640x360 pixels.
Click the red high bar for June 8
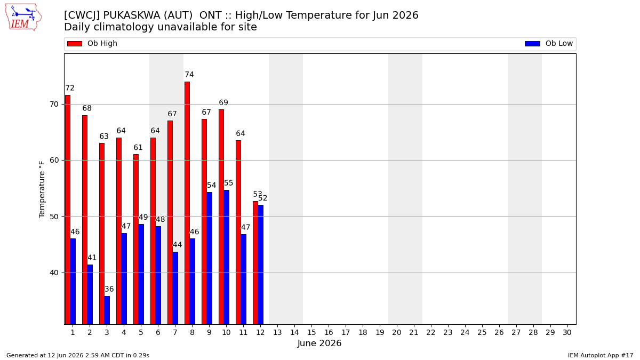pyautogui.click(x=187, y=203)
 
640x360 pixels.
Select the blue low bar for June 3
pyautogui.click(x=107, y=310)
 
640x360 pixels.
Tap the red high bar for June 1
pyautogui.click(x=68, y=210)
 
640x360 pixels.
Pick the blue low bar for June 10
pyautogui.click(x=226, y=257)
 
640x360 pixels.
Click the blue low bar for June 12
pyautogui.click(x=261, y=265)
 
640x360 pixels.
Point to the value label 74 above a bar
pyautogui.click(x=189, y=75)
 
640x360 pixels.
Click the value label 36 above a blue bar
pyautogui.click(x=109, y=289)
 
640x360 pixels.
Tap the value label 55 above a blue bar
pyautogui.click(x=229, y=183)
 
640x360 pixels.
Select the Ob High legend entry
pyautogui.click(x=92, y=43)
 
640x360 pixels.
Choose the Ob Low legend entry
pyautogui.click(x=549, y=43)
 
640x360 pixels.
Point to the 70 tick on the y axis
pyautogui.click(x=54, y=105)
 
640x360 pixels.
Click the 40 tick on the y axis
pyautogui.click(x=54, y=273)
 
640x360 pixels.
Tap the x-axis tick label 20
pyautogui.click(x=397, y=333)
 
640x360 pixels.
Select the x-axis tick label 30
pyautogui.click(x=567, y=333)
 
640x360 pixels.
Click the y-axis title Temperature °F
pyautogui.click(x=42, y=189)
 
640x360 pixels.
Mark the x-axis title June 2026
pyautogui.click(x=319, y=343)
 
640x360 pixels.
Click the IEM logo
pyautogui.click(x=23, y=17)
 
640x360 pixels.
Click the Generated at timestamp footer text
pyautogui.click(x=78, y=355)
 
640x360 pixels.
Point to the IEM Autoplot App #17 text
pyautogui.click(x=601, y=355)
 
